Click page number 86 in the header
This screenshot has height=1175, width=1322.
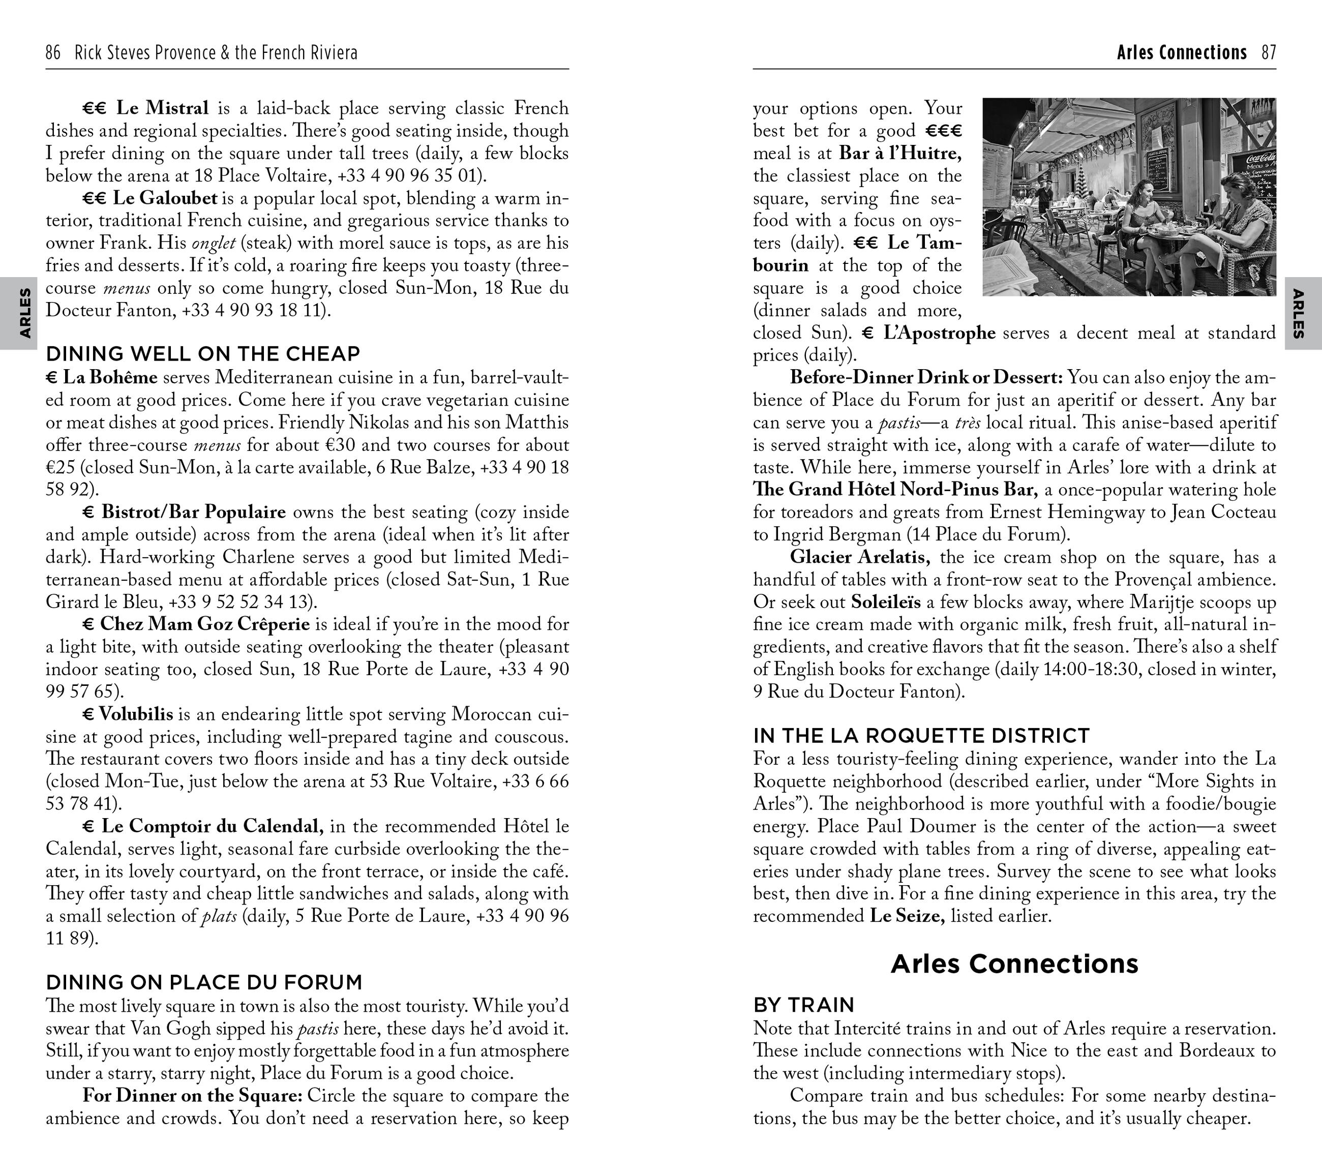(x=53, y=52)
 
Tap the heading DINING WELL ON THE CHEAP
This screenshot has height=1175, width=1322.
(x=202, y=354)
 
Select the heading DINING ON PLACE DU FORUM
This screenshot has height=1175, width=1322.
(x=204, y=982)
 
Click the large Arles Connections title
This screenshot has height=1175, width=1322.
(x=1014, y=963)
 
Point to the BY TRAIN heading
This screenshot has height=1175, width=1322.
(x=803, y=1005)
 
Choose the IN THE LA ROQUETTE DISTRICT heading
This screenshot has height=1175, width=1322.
(x=921, y=736)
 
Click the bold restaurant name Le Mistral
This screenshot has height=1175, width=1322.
(x=162, y=108)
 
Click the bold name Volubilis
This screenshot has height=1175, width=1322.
(x=136, y=714)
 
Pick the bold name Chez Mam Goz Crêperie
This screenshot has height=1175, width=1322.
(x=204, y=624)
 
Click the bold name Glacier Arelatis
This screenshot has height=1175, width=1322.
(x=860, y=557)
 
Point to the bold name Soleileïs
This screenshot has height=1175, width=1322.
(x=885, y=602)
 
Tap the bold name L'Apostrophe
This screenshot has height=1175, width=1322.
(x=939, y=333)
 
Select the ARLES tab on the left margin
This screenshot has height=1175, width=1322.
(x=24, y=313)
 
